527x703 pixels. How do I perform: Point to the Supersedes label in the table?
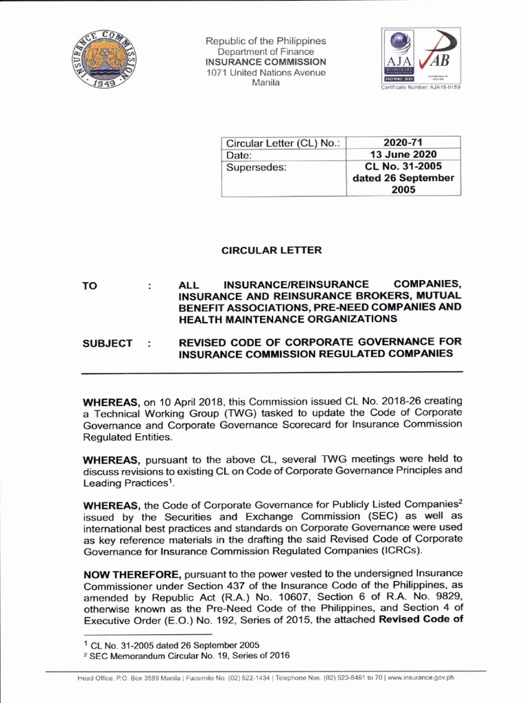250,167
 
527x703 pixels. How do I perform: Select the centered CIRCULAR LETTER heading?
271,251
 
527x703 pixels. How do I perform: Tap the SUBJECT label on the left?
108,343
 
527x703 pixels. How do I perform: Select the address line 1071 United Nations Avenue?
266,73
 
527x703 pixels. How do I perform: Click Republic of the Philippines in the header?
266,41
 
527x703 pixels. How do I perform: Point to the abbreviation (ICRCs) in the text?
397,551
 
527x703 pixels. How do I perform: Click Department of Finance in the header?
266,51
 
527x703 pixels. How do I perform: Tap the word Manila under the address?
266,83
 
